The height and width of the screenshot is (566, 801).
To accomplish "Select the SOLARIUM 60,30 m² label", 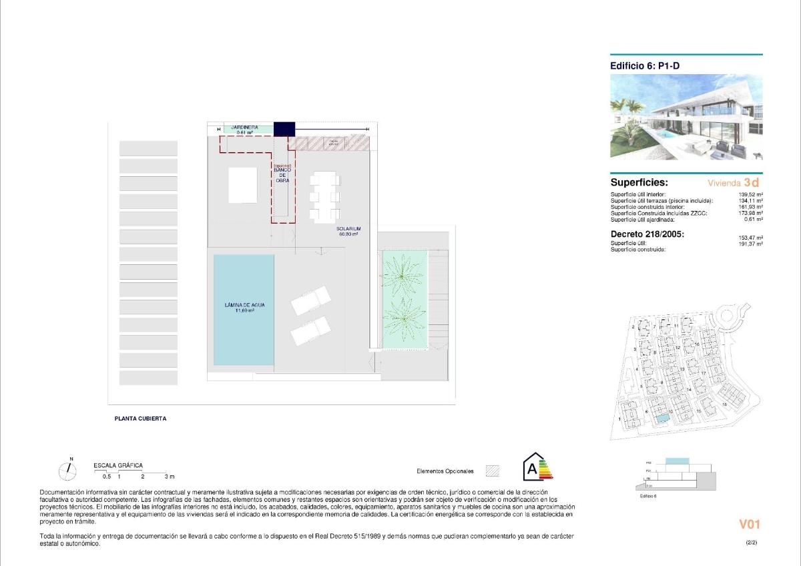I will (348, 232).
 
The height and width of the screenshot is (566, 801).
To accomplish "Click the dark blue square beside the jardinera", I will (284, 128).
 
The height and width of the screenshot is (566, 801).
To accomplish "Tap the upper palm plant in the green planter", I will (405, 276).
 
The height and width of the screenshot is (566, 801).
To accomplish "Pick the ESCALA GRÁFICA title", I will (118, 466).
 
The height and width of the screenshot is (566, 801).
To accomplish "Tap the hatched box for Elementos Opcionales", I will (493, 471).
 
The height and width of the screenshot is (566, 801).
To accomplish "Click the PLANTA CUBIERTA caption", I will (140, 419).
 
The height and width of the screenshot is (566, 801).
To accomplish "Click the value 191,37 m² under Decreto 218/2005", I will (752, 244).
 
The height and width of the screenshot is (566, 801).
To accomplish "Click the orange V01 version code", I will (749, 525).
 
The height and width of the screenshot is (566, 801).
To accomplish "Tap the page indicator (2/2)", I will (751, 543).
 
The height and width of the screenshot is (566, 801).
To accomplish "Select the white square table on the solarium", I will (242, 185).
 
